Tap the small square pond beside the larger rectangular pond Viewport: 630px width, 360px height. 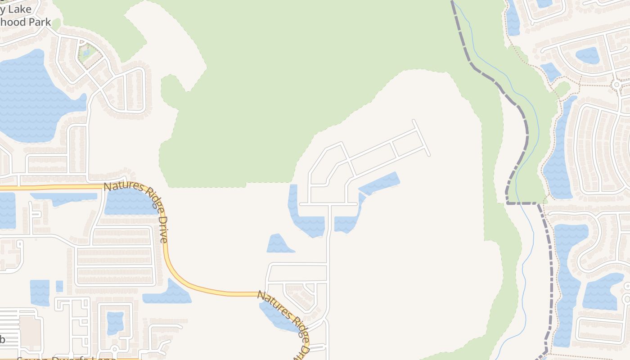point(59,286)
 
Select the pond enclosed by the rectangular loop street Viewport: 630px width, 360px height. point(115,322)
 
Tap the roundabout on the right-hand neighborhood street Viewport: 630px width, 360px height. point(616,84)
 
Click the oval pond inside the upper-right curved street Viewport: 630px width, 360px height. point(587,55)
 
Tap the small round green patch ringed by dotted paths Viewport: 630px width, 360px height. point(562,88)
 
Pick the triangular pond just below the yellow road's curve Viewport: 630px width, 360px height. point(167,293)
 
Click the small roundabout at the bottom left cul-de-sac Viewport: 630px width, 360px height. point(115,349)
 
